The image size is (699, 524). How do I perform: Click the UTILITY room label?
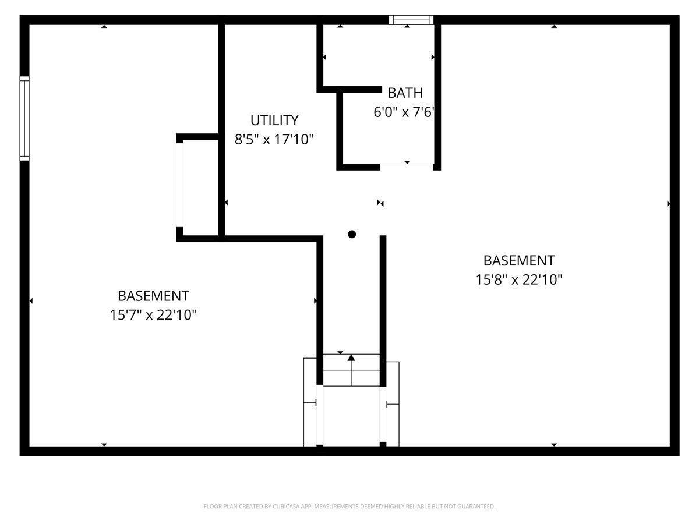pos(274,121)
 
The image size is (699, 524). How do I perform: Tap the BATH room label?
pos(405,93)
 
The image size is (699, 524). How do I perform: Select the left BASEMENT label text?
pos(153,296)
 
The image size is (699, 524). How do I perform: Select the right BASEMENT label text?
pos(518,260)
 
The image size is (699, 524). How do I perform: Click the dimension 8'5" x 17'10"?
pos(274,140)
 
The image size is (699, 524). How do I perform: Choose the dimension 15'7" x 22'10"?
pos(153,315)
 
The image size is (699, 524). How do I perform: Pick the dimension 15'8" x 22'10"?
pos(518,279)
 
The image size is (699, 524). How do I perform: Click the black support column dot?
pos(352,235)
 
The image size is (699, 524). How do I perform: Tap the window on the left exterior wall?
pos(24,119)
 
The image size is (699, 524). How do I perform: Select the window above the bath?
pos(411,20)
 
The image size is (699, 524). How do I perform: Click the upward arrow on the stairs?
pos(351,357)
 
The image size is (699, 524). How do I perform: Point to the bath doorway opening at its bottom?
pos(407,166)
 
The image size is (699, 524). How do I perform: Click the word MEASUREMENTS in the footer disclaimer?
pos(337,507)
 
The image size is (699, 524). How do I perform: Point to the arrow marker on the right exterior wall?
pos(669,204)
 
